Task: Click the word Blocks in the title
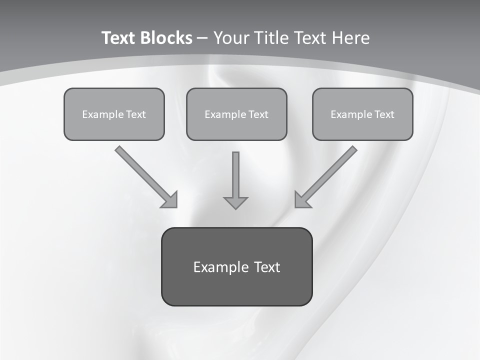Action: pyautogui.click(x=166, y=38)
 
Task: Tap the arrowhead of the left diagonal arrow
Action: pyautogui.click(x=170, y=200)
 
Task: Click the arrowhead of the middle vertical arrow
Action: pyautogui.click(x=235, y=202)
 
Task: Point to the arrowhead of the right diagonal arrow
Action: pyautogui.click(x=301, y=200)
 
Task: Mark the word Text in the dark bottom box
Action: pyautogui.click(x=267, y=267)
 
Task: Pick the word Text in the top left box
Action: pyautogui.click(x=136, y=114)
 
